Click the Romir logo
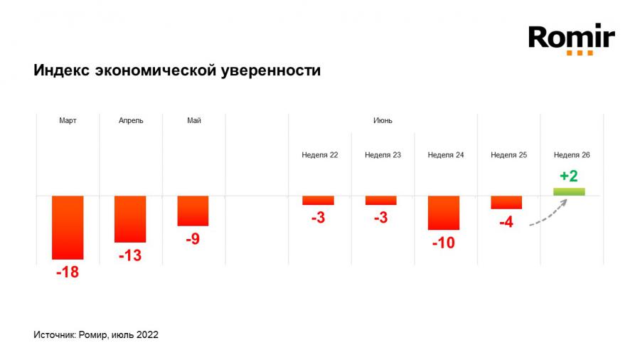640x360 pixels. coord(571,39)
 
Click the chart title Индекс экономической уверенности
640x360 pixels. coord(177,71)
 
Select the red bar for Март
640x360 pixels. coord(68,227)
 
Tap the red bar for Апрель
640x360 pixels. coord(130,218)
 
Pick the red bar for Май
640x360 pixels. coord(193,211)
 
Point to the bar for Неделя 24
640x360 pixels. coord(444,212)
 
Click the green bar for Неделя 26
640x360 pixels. coord(569,191)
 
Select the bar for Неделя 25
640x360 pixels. coord(506,202)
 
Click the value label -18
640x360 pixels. coord(68,272)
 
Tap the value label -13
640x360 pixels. coord(130,255)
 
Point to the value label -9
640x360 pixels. coord(193,239)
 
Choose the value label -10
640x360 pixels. coord(444,243)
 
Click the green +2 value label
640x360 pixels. coord(569,176)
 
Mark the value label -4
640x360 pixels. coord(506,222)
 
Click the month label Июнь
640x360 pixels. coord(383,120)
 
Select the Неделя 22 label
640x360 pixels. coord(319,154)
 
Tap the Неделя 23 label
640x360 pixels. coord(383,154)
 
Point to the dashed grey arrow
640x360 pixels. coord(548,214)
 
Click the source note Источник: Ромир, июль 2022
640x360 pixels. coord(96,334)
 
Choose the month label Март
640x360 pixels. coord(68,120)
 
